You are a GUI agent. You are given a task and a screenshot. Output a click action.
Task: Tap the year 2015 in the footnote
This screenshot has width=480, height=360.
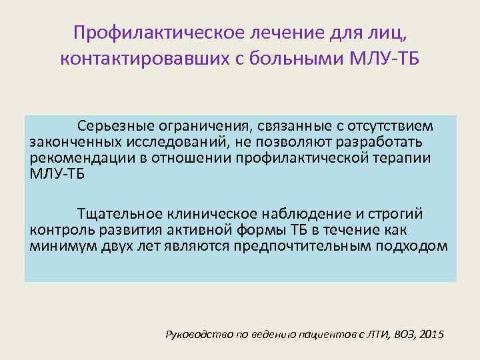(433, 333)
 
